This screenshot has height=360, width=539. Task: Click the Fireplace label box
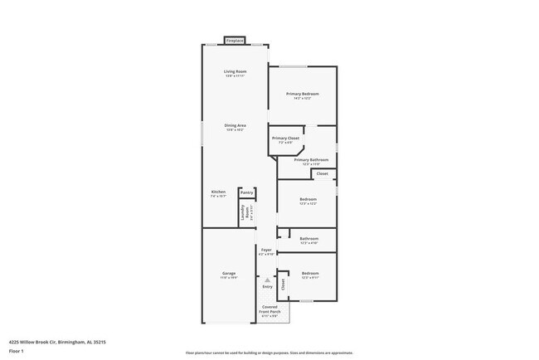pos(236,40)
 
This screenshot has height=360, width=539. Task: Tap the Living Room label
pos(236,73)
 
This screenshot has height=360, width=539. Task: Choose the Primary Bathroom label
pos(311,161)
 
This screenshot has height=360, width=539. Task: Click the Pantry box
pos(246,192)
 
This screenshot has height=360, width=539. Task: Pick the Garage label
pos(229,275)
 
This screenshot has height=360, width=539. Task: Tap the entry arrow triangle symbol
pos(267,280)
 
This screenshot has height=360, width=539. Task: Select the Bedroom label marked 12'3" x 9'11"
pos(310,275)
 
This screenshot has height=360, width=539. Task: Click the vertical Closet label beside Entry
pos(283,285)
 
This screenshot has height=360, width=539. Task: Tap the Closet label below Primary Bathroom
pos(323,173)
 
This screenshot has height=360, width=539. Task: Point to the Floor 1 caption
pos(17,351)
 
